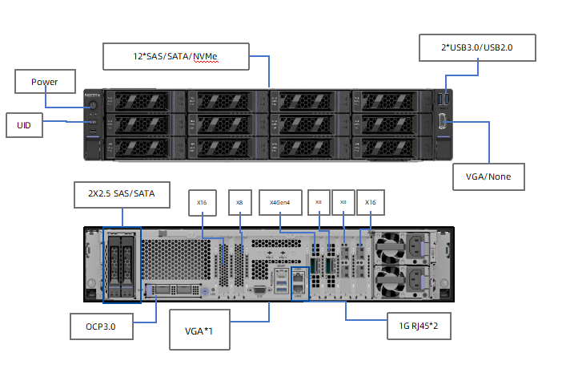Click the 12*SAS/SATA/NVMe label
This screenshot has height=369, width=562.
pyautogui.click(x=175, y=56)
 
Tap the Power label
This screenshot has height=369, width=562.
pyautogui.click(x=45, y=82)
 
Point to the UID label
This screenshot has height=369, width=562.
pyautogui.click(x=23, y=124)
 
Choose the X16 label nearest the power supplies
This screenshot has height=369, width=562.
pyautogui.click(x=370, y=203)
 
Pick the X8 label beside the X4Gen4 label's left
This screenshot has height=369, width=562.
pyautogui.click(x=239, y=203)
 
